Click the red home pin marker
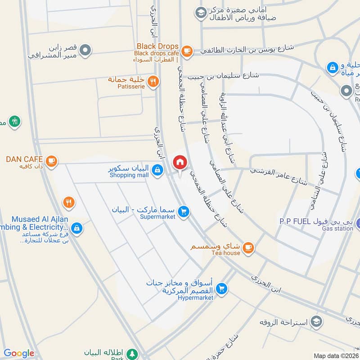180,162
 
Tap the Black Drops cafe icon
187,51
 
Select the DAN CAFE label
24,159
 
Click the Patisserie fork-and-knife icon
153,81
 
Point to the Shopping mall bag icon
157,170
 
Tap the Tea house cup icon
248,247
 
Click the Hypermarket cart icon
221,288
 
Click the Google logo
19,353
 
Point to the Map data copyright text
336,355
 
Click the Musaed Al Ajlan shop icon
77,228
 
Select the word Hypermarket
195,297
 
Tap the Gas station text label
337,229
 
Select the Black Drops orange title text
157,46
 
